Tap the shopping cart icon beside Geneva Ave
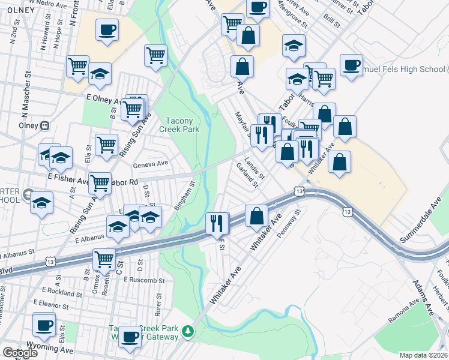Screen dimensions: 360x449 (106, 144)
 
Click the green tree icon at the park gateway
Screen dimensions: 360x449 (188, 331)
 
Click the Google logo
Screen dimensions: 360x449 (19, 353)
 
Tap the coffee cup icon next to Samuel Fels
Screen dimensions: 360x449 (351, 65)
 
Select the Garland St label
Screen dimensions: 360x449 (247, 175)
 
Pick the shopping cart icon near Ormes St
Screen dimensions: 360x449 (104, 259)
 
